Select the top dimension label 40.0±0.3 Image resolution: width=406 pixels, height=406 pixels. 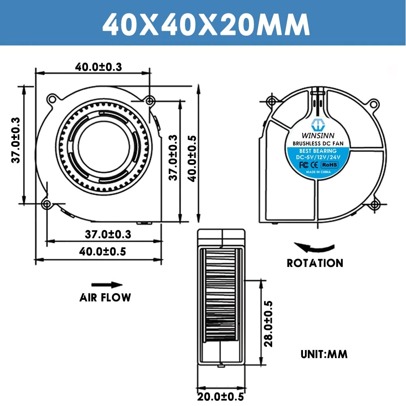(98, 67)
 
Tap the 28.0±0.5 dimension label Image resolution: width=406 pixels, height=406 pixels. (268, 324)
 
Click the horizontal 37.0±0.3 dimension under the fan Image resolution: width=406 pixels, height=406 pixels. (108, 234)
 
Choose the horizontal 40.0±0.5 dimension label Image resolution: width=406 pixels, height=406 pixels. (102, 251)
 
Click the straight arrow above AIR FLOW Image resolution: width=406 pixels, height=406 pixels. (106, 285)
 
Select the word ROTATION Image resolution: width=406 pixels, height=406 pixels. (315, 263)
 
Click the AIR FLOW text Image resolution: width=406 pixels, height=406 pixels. (105, 298)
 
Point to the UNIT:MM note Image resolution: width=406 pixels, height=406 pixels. (324, 354)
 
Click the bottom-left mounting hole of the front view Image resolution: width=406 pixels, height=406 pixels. (47, 204)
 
